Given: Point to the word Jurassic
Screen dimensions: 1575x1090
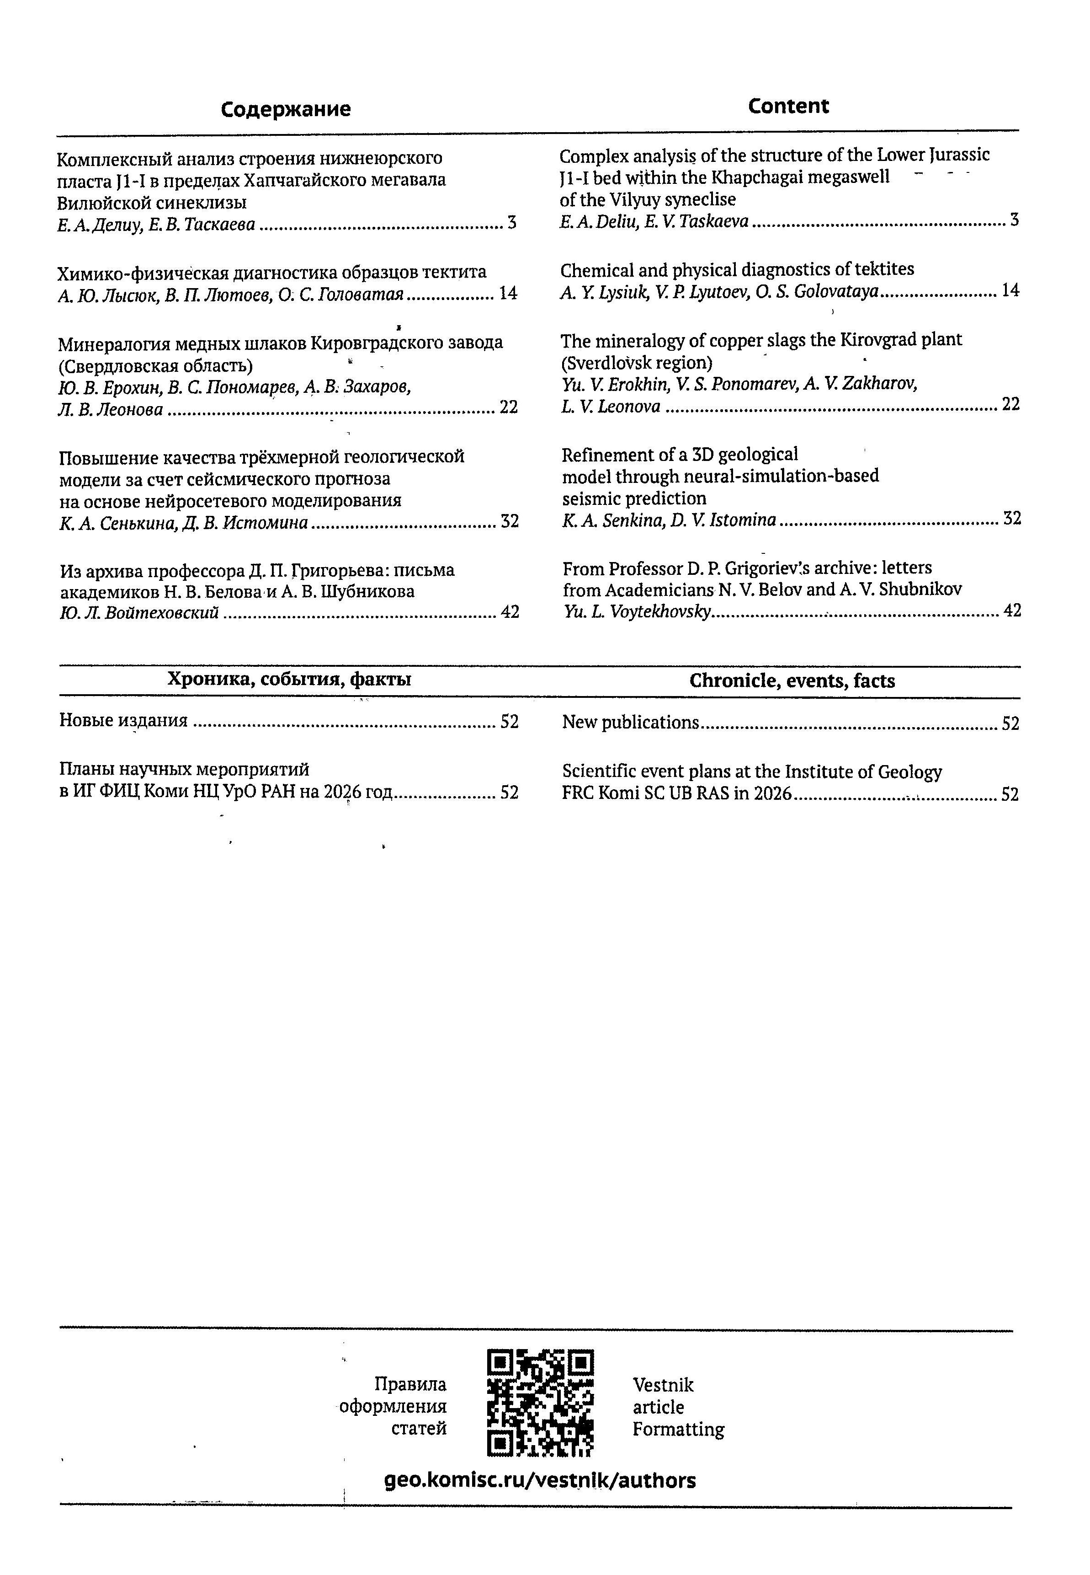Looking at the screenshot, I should [x=958, y=155].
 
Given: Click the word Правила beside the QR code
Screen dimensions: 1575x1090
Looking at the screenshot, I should [x=410, y=1384].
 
